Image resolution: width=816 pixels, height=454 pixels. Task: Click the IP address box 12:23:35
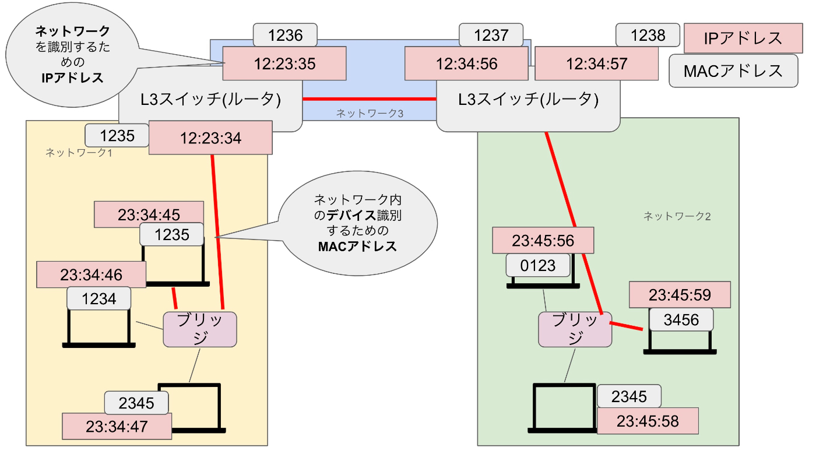(284, 64)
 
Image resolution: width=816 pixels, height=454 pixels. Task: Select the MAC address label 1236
(285, 36)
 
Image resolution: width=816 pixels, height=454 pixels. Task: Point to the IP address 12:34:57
(597, 64)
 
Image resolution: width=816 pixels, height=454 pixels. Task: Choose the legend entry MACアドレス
(733, 71)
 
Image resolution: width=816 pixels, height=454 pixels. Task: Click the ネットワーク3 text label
(370, 114)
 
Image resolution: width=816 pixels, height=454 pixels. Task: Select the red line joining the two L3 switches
(369, 99)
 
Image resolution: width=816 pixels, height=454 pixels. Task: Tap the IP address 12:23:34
(210, 138)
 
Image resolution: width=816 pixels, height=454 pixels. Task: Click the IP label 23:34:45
(149, 214)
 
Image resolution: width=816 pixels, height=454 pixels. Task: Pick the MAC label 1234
(99, 299)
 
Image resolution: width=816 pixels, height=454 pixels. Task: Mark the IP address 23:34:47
(117, 426)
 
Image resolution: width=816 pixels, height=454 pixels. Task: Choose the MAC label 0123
(538, 266)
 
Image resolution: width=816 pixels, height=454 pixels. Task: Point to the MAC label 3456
(681, 321)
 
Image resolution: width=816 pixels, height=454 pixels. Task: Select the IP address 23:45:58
(647, 421)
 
